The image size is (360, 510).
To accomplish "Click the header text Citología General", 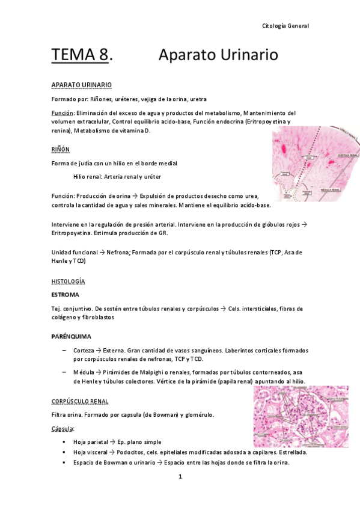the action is (286, 26).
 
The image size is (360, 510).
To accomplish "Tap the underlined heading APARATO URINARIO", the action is (81, 85).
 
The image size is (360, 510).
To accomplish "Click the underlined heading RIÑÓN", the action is (61, 149).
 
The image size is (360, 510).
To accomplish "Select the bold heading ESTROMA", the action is (66, 295).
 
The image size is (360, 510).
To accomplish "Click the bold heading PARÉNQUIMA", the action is (72, 337).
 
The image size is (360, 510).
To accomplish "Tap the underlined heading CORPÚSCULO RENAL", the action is (81, 401).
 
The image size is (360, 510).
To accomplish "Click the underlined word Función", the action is (63, 113).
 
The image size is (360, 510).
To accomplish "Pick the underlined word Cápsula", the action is (63, 429).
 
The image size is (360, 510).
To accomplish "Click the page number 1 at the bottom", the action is (180, 477).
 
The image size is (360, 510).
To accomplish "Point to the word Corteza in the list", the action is (84, 350).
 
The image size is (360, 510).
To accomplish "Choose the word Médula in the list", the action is (83, 372).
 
